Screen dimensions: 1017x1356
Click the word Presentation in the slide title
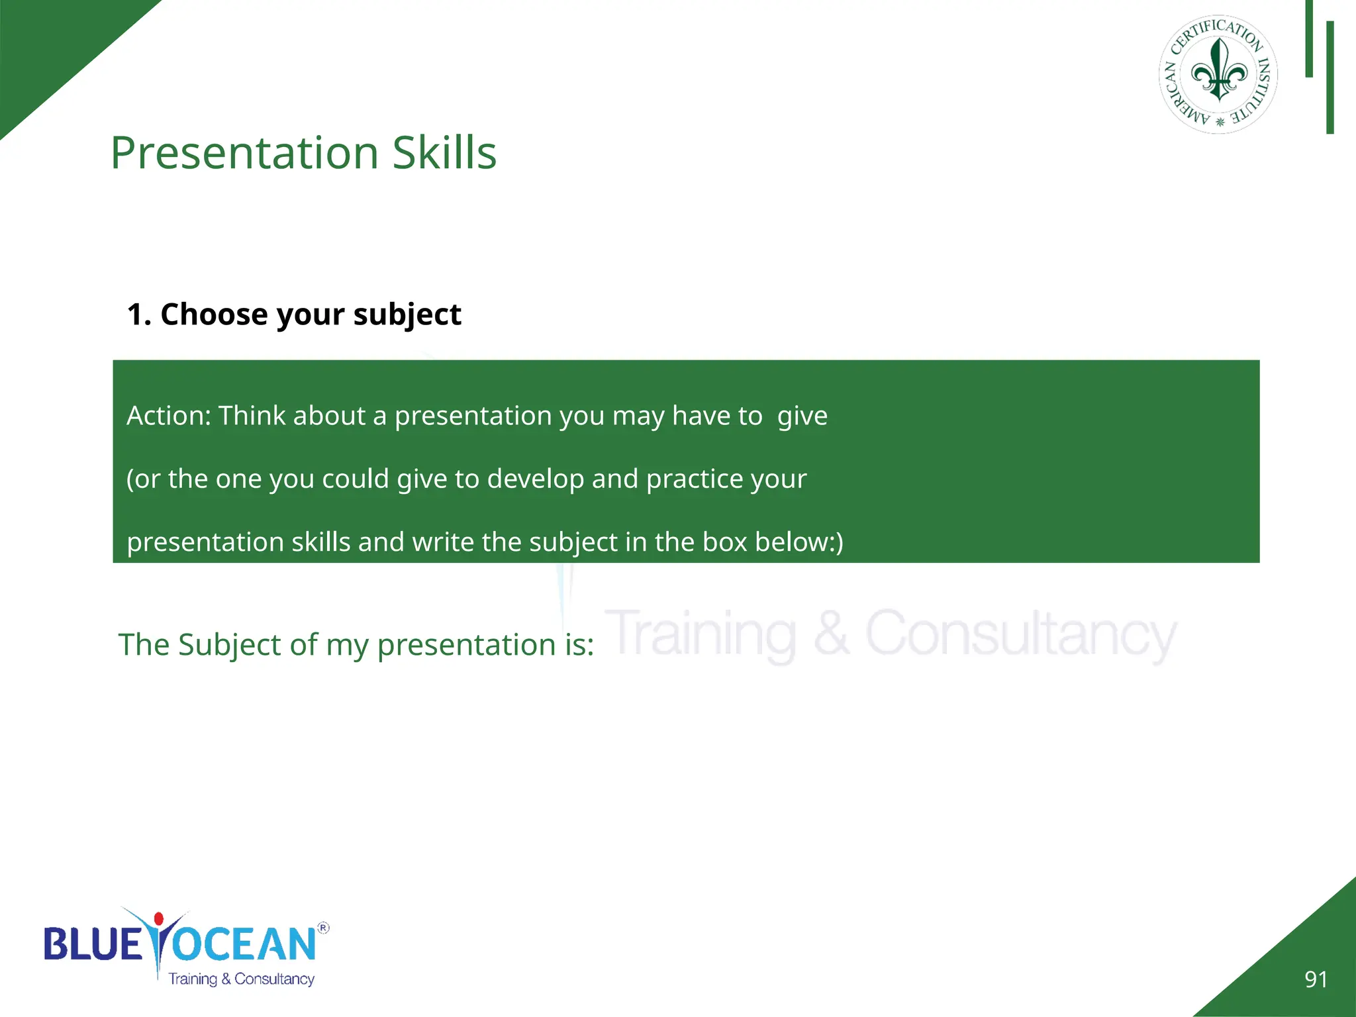(244, 153)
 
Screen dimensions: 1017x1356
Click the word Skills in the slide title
(444, 153)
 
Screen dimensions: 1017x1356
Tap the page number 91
(1316, 979)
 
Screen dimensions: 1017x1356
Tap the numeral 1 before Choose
(134, 315)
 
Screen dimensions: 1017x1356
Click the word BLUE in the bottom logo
(93, 944)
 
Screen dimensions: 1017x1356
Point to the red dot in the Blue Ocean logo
(158, 918)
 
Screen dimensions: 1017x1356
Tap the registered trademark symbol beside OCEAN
(323, 928)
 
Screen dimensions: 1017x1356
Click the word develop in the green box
(536, 479)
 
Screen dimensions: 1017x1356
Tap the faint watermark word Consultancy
(1020, 634)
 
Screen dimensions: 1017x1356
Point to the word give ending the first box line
(802, 416)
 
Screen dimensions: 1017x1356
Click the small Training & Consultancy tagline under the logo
(241, 979)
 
